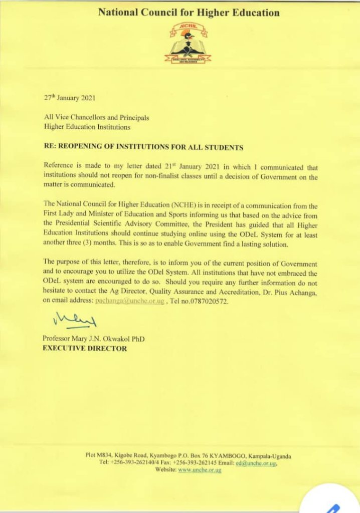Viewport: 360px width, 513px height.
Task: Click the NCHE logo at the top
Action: pos(188,44)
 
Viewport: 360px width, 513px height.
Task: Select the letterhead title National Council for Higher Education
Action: pos(189,13)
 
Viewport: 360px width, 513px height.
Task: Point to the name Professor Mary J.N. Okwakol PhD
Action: pos(94,339)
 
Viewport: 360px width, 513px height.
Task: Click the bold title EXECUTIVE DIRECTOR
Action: pos(85,348)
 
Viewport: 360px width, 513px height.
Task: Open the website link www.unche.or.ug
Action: pos(200,470)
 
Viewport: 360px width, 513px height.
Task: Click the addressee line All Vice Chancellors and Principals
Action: pos(96,118)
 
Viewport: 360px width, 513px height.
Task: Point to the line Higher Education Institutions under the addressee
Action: pos(87,127)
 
